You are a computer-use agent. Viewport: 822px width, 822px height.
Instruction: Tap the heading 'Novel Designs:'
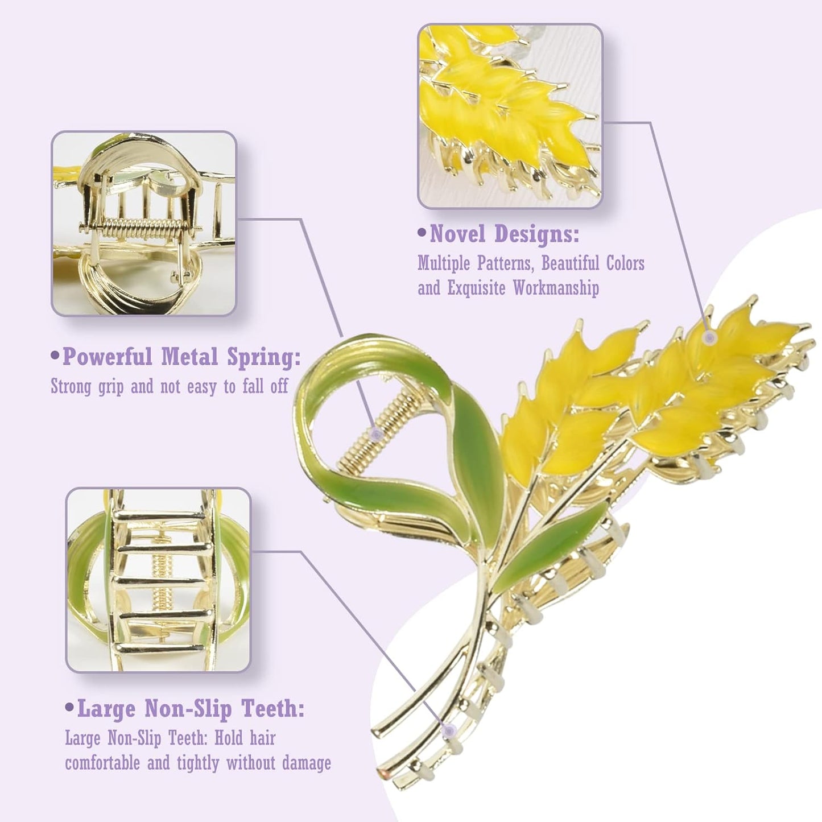[504, 234]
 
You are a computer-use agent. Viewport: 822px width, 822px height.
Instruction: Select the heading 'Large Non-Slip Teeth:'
[190, 709]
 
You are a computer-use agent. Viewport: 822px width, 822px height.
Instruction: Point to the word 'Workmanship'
[556, 288]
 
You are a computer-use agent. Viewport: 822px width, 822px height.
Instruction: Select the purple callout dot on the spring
[375, 434]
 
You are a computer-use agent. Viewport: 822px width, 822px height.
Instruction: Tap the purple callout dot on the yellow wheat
[709, 337]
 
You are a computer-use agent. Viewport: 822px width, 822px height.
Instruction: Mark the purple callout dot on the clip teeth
[450, 730]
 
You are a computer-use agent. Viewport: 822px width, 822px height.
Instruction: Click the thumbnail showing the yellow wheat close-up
[510, 116]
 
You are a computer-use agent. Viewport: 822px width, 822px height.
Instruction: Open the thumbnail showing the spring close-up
[143, 223]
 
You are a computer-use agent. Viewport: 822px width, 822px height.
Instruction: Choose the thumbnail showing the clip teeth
[158, 579]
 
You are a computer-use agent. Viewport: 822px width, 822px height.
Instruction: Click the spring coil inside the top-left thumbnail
[139, 230]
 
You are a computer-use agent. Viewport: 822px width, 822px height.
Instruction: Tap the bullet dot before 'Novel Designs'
[422, 233]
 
